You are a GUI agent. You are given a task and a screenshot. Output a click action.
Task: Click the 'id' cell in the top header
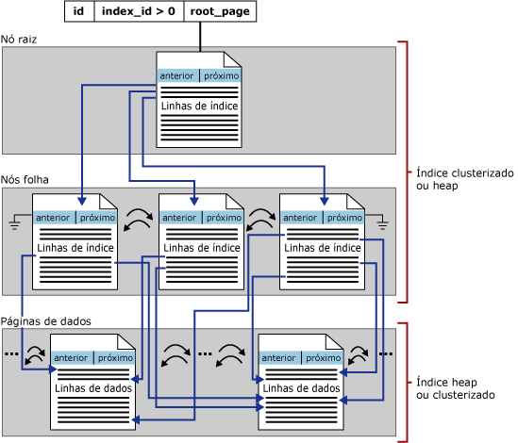coord(79,11)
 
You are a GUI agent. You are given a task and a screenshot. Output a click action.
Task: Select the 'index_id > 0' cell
coord(139,11)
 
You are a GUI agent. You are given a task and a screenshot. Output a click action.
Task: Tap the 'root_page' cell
coord(220,11)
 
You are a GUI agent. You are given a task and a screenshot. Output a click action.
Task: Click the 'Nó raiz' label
coord(19,40)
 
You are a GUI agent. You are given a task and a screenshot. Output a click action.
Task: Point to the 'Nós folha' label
coord(25,180)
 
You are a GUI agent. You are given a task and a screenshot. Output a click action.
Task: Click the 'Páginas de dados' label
coord(46,321)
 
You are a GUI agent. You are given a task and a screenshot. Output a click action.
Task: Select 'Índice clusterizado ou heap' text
coord(465,179)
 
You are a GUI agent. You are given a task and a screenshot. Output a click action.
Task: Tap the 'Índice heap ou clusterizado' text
coord(456,388)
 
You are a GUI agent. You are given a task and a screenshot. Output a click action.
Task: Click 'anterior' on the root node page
coord(176,76)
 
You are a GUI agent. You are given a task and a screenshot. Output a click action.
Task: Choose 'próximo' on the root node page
coord(222,76)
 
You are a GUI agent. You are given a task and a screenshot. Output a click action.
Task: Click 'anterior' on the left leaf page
coord(53,218)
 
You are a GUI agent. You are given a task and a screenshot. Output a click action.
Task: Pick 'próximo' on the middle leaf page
coord(224,218)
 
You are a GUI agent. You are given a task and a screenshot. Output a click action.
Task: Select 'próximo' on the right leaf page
coord(345,218)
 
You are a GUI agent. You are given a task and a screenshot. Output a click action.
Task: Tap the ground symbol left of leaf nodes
coord(15,221)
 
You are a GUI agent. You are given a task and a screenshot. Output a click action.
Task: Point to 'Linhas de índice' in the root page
coord(199,106)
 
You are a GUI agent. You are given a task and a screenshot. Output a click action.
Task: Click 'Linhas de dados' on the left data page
coord(93,388)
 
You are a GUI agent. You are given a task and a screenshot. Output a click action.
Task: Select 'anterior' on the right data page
coord(279,358)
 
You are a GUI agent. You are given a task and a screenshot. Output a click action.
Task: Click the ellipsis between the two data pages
coord(205,353)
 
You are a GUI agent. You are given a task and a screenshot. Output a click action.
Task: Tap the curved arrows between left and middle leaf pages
coord(138,220)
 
